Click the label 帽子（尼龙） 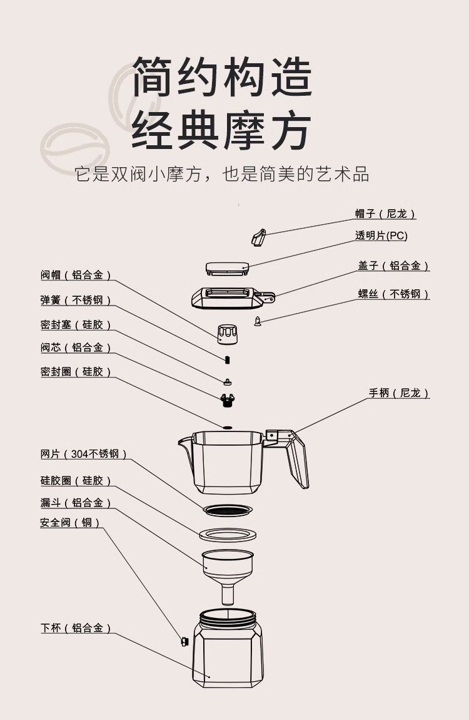point(385,214)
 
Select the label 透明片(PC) point(381,236)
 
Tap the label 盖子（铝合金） point(393,266)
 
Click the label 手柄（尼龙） point(399,393)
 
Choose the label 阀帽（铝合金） point(76,275)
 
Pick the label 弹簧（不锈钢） point(76,301)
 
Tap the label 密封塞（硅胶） point(76,325)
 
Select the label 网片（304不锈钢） point(83,454)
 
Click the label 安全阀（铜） point(70,522)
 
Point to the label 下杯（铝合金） point(76,628)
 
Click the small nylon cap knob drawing point(258,237)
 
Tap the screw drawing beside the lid point(257,321)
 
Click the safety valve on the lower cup point(184,641)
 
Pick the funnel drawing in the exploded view point(228,567)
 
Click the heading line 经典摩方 point(221,130)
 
